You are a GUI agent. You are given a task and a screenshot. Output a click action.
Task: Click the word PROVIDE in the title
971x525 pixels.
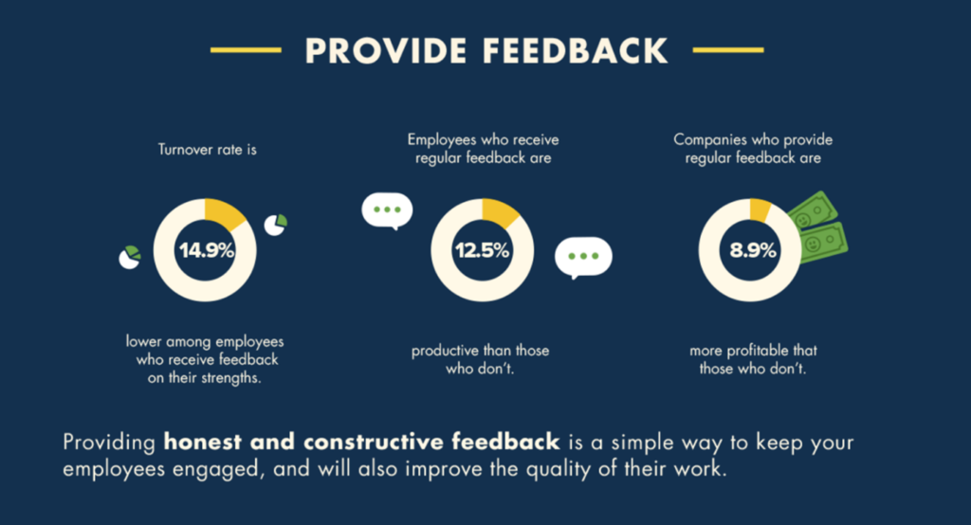pos(385,51)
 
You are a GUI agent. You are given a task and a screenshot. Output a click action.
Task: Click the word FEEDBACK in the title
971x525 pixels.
pos(576,51)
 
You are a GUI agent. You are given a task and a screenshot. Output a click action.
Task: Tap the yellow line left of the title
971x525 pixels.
pos(246,50)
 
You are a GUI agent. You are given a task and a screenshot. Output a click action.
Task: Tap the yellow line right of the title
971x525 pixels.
pos(728,50)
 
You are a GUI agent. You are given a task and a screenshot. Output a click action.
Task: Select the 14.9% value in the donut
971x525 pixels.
pos(206,250)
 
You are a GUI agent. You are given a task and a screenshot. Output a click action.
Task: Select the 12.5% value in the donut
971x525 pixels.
pos(482,250)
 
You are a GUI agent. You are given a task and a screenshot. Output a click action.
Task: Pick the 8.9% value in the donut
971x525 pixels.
pos(752,250)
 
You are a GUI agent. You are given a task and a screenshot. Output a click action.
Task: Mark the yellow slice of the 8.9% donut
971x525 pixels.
pos(760,209)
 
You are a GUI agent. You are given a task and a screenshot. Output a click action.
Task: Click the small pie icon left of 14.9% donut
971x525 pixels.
pos(129,258)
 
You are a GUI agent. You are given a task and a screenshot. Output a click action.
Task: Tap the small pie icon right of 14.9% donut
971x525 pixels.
pos(276,225)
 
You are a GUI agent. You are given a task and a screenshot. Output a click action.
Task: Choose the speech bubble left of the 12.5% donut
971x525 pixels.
pos(387,210)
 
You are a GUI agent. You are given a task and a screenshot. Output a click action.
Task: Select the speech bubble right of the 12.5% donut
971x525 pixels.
pos(583,256)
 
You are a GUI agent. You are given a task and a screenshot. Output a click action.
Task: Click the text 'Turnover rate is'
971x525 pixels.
pos(208,150)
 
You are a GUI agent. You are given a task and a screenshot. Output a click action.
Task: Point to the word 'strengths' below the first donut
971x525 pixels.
pos(229,378)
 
